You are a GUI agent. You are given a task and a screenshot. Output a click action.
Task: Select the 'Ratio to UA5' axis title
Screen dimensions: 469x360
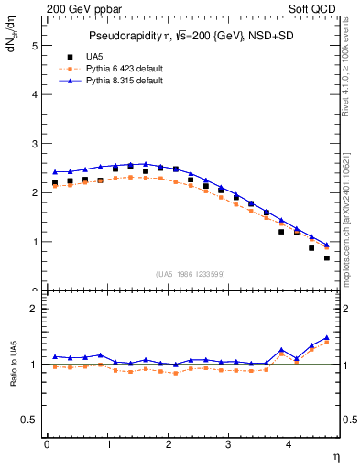(x=13, y=377)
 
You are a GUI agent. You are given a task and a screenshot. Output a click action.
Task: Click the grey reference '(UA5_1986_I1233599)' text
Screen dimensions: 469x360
(x=190, y=274)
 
